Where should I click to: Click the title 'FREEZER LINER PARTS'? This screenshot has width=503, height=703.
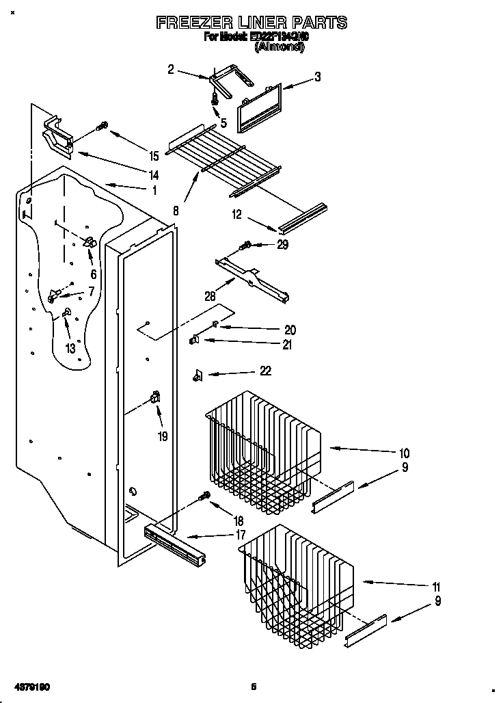click(251, 23)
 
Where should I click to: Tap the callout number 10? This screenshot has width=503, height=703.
click(404, 453)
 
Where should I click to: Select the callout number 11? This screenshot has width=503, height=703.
click(436, 587)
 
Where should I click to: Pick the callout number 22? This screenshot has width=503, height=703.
click(265, 371)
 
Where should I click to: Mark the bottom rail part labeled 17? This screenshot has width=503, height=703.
click(174, 540)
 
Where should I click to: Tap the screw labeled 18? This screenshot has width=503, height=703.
click(203, 497)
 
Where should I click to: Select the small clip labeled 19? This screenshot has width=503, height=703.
click(155, 397)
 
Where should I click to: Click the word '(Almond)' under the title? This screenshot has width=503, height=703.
click(279, 48)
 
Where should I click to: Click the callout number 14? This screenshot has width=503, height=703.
click(154, 175)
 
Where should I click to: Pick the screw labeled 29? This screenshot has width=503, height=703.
click(245, 246)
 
